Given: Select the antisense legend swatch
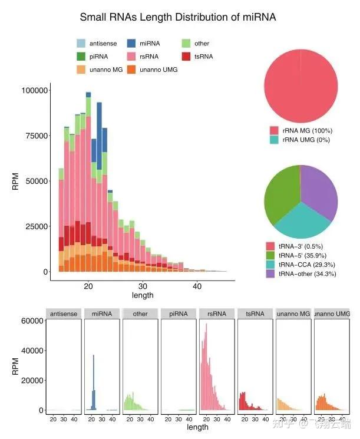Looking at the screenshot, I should (81, 44).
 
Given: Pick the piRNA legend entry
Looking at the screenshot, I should (81, 57).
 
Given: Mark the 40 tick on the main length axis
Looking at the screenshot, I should (198, 286).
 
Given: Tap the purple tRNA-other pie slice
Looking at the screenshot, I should (321, 194).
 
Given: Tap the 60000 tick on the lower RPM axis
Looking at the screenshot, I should (33, 321).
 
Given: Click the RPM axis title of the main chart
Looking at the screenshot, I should (16, 181).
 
